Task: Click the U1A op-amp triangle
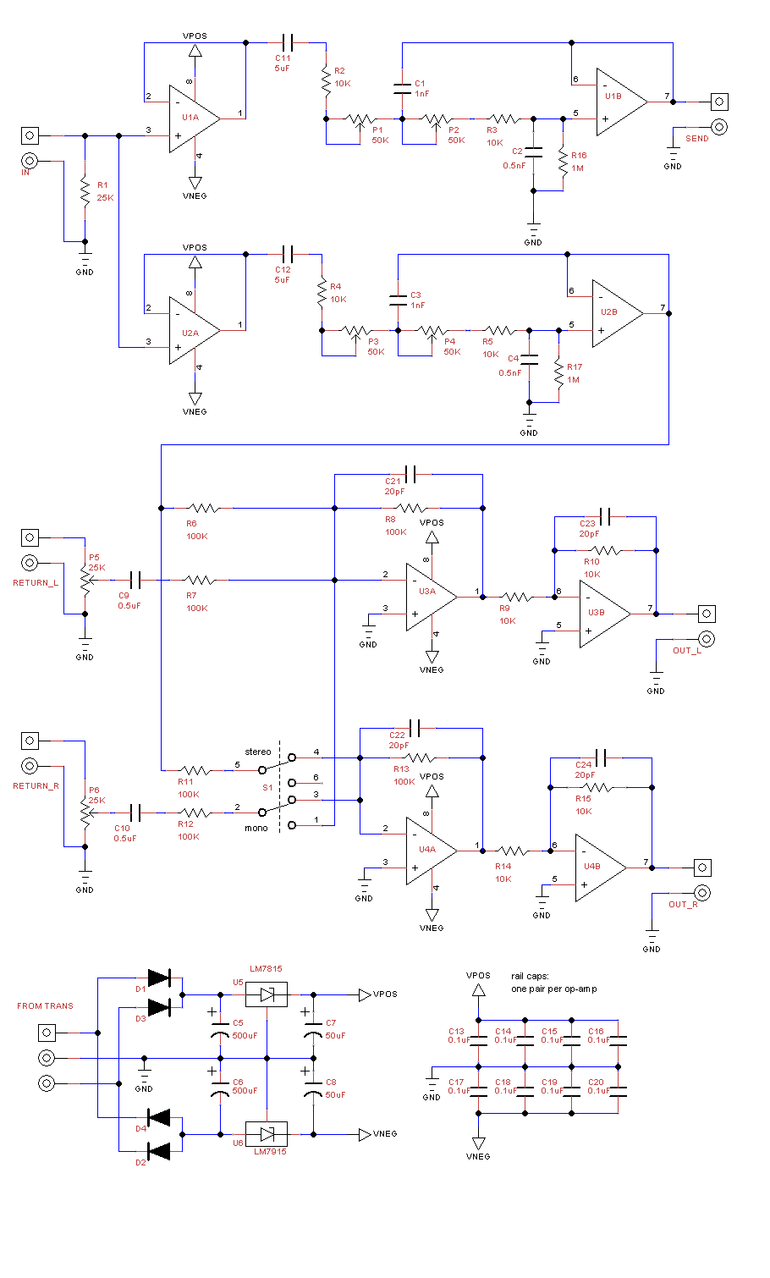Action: pos(195,119)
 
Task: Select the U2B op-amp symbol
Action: pos(618,313)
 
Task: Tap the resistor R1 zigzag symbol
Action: pos(85,191)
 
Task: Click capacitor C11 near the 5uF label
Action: pos(288,43)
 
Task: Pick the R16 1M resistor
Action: pos(563,162)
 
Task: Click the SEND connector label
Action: pos(696,139)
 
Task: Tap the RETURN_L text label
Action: pos(36,582)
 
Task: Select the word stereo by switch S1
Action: pos(258,752)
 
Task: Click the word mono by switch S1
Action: pos(256,828)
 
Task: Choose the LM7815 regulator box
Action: pos(267,994)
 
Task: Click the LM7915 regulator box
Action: pos(267,1134)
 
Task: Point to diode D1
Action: pos(159,978)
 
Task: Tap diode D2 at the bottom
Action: pos(159,1151)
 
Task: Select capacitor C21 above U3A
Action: pos(410,474)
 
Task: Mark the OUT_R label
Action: pos(683,904)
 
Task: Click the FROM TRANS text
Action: pos(45,1005)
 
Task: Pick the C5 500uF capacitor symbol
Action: pos(220,1033)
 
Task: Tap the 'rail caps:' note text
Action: pos(530,976)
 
